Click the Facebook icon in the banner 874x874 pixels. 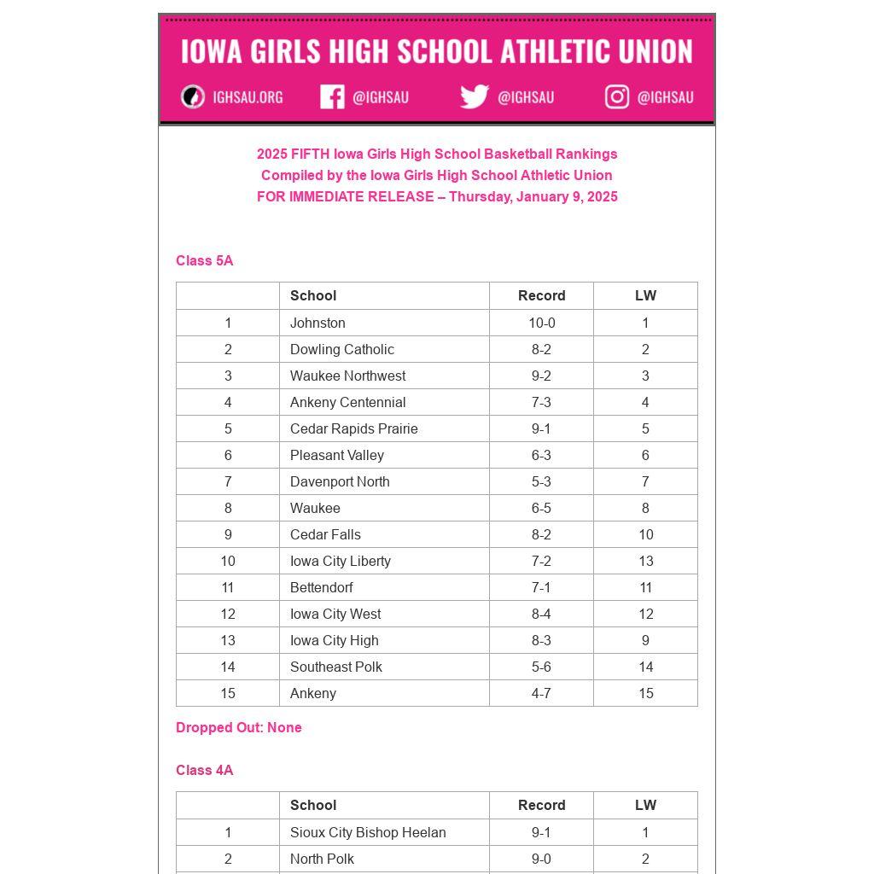(x=332, y=96)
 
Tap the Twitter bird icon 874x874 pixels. (x=474, y=96)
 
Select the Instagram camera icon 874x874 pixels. (x=617, y=96)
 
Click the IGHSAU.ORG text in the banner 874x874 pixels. (x=248, y=97)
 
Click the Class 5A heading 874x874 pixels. (x=204, y=261)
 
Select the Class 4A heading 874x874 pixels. (x=204, y=771)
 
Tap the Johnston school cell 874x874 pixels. (x=318, y=323)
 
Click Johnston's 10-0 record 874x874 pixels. (x=541, y=323)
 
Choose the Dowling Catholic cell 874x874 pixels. (x=341, y=350)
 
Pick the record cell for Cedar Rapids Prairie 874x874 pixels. (x=541, y=429)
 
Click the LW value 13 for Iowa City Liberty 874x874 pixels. (x=645, y=562)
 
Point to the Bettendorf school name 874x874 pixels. (x=321, y=588)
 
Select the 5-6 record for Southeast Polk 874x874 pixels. (x=541, y=667)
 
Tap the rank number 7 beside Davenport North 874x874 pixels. (x=228, y=482)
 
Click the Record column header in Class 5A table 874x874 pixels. (x=541, y=296)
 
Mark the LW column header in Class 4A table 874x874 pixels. (x=645, y=806)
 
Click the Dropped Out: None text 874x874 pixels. (x=238, y=728)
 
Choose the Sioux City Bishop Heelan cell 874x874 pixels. (x=368, y=833)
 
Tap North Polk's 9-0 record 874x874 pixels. (x=541, y=859)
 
